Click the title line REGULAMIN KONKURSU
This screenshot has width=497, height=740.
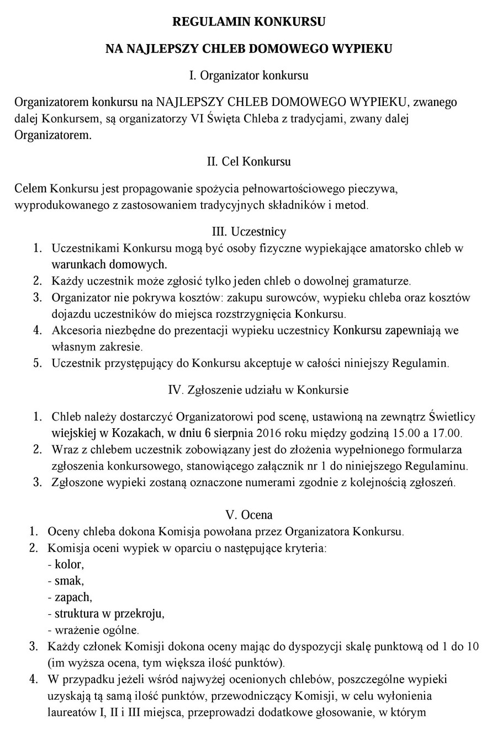tap(248, 22)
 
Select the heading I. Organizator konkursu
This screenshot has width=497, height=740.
tap(248, 75)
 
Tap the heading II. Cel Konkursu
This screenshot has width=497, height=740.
tap(248, 162)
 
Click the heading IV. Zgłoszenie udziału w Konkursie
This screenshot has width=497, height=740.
tap(258, 390)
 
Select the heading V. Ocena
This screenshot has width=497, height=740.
tap(248, 515)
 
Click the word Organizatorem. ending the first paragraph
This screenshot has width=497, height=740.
tap(52, 135)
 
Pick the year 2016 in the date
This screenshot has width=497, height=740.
tap(270, 433)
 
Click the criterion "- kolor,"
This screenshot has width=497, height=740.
tap(66, 565)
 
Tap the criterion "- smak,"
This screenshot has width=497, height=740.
tap(66, 581)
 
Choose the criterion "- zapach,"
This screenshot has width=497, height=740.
tap(70, 597)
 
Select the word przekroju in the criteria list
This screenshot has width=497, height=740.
tap(142, 613)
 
